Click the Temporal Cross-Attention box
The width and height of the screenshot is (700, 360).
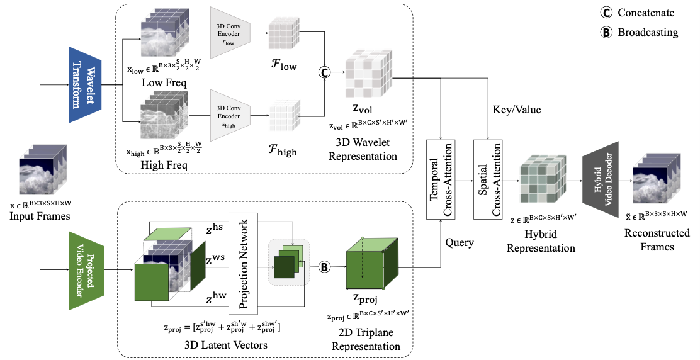[442, 180]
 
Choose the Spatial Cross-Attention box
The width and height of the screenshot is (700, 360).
[489, 180]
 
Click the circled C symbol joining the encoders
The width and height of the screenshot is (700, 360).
[325, 72]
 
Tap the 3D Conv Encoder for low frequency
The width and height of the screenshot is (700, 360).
[231, 33]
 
